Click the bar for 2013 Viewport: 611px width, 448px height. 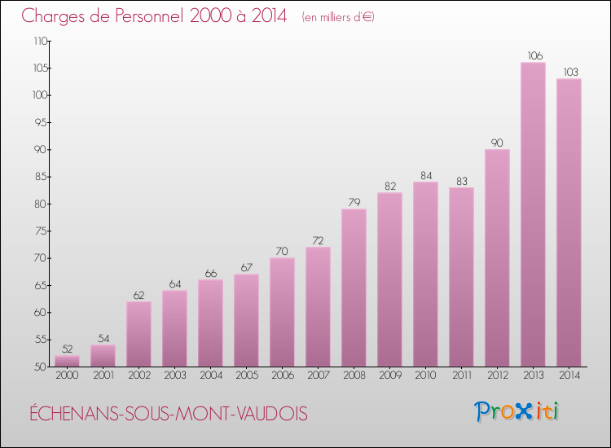(x=533, y=214)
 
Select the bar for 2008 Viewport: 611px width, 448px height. (x=354, y=288)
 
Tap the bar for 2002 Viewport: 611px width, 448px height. (x=138, y=334)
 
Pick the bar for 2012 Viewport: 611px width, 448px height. (x=497, y=257)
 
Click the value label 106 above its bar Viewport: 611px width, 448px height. (x=533, y=55)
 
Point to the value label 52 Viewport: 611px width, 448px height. (x=67, y=349)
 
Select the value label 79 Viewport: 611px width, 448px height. (x=354, y=202)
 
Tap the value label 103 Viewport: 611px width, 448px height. (x=569, y=72)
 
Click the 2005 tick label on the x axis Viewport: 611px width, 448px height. (x=246, y=376)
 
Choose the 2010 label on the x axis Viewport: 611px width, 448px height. (x=425, y=376)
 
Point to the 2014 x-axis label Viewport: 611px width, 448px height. (x=569, y=376)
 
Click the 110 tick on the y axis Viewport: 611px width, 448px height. (x=40, y=41)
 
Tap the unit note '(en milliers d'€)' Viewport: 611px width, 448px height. (x=337, y=17)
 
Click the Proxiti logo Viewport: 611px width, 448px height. (x=517, y=411)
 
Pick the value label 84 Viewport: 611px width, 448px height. (x=425, y=175)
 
